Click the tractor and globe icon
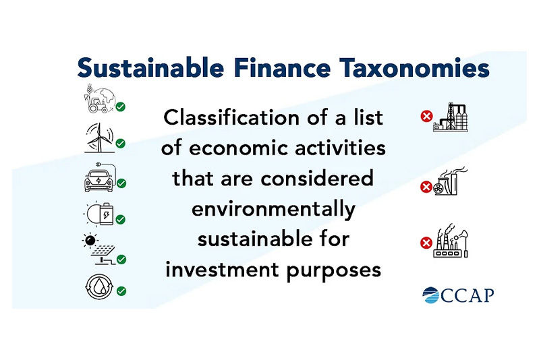98,99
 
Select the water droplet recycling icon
98,287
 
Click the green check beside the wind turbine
121,144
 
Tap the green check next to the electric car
122,183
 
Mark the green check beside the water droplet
121,291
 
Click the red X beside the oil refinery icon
426,117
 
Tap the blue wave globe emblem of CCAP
431,295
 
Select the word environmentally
273,209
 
